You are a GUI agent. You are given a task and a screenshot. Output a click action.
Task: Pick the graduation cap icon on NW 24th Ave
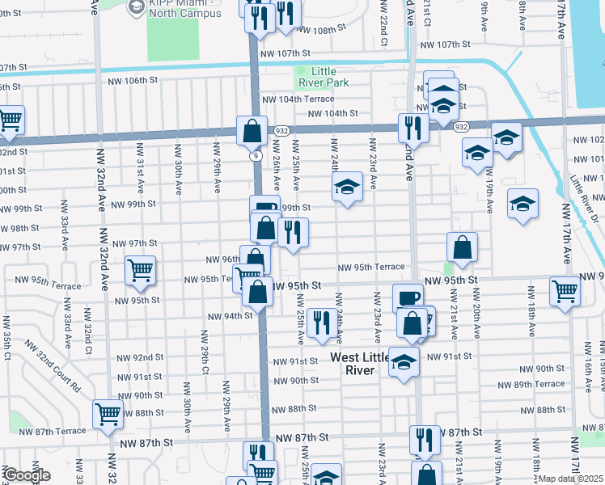click(347, 187)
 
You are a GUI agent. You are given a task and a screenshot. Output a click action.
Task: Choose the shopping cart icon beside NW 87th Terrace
click(107, 414)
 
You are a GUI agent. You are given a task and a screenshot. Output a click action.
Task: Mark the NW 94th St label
click(231, 316)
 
